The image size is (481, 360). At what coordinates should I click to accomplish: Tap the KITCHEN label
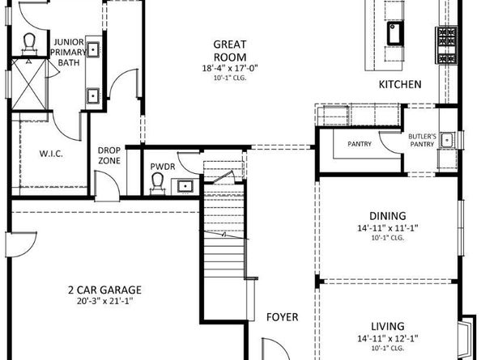pos(400,85)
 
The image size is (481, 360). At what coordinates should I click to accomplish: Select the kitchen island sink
pos(396,33)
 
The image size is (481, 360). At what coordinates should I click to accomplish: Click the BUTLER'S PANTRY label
pos(422,140)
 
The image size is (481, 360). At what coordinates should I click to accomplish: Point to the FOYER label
pos(282,316)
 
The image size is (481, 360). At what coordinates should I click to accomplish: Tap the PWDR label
pos(162,167)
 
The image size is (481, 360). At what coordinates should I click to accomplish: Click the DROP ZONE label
pos(109,155)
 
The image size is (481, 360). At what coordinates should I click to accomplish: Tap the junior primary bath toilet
pos(30,42)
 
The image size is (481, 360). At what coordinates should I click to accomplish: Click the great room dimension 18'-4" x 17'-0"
pos(230,69)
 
